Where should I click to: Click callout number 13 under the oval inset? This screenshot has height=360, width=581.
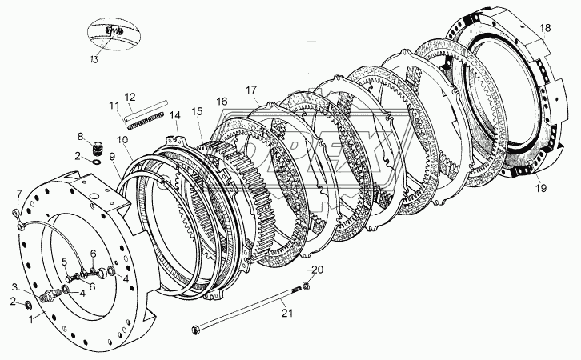tap(94, 59)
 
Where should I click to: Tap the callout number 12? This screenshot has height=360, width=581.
tap(130, 97)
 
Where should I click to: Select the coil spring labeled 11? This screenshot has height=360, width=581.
tap(145, 121)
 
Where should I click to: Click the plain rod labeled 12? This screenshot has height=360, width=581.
tap(146, 110)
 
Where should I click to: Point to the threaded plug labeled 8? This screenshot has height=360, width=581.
tap(98, 148)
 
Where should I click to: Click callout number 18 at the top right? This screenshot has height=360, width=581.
tap(545, 28)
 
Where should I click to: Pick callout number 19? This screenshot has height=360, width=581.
tap(541, 188)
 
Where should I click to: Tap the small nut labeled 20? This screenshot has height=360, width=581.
tap(306, 285)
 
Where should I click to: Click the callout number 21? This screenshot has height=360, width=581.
tap(287, 313)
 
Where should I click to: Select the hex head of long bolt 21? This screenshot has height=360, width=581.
tap(197, 329)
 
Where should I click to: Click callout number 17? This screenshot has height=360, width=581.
tap(250, 90)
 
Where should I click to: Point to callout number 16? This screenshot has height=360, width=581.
tap(222, 102)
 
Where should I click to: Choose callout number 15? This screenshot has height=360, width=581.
tap(198, 111)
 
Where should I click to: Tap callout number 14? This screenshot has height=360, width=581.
tap(175, 115)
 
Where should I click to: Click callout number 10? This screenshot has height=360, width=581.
tap(122, 140)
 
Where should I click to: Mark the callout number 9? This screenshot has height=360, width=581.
tap(112, 156)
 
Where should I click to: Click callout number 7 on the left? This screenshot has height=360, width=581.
tap(19, 193)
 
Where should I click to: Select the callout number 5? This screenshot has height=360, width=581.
tap(65, 262)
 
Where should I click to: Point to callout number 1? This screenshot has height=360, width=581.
tap(31, 319)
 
